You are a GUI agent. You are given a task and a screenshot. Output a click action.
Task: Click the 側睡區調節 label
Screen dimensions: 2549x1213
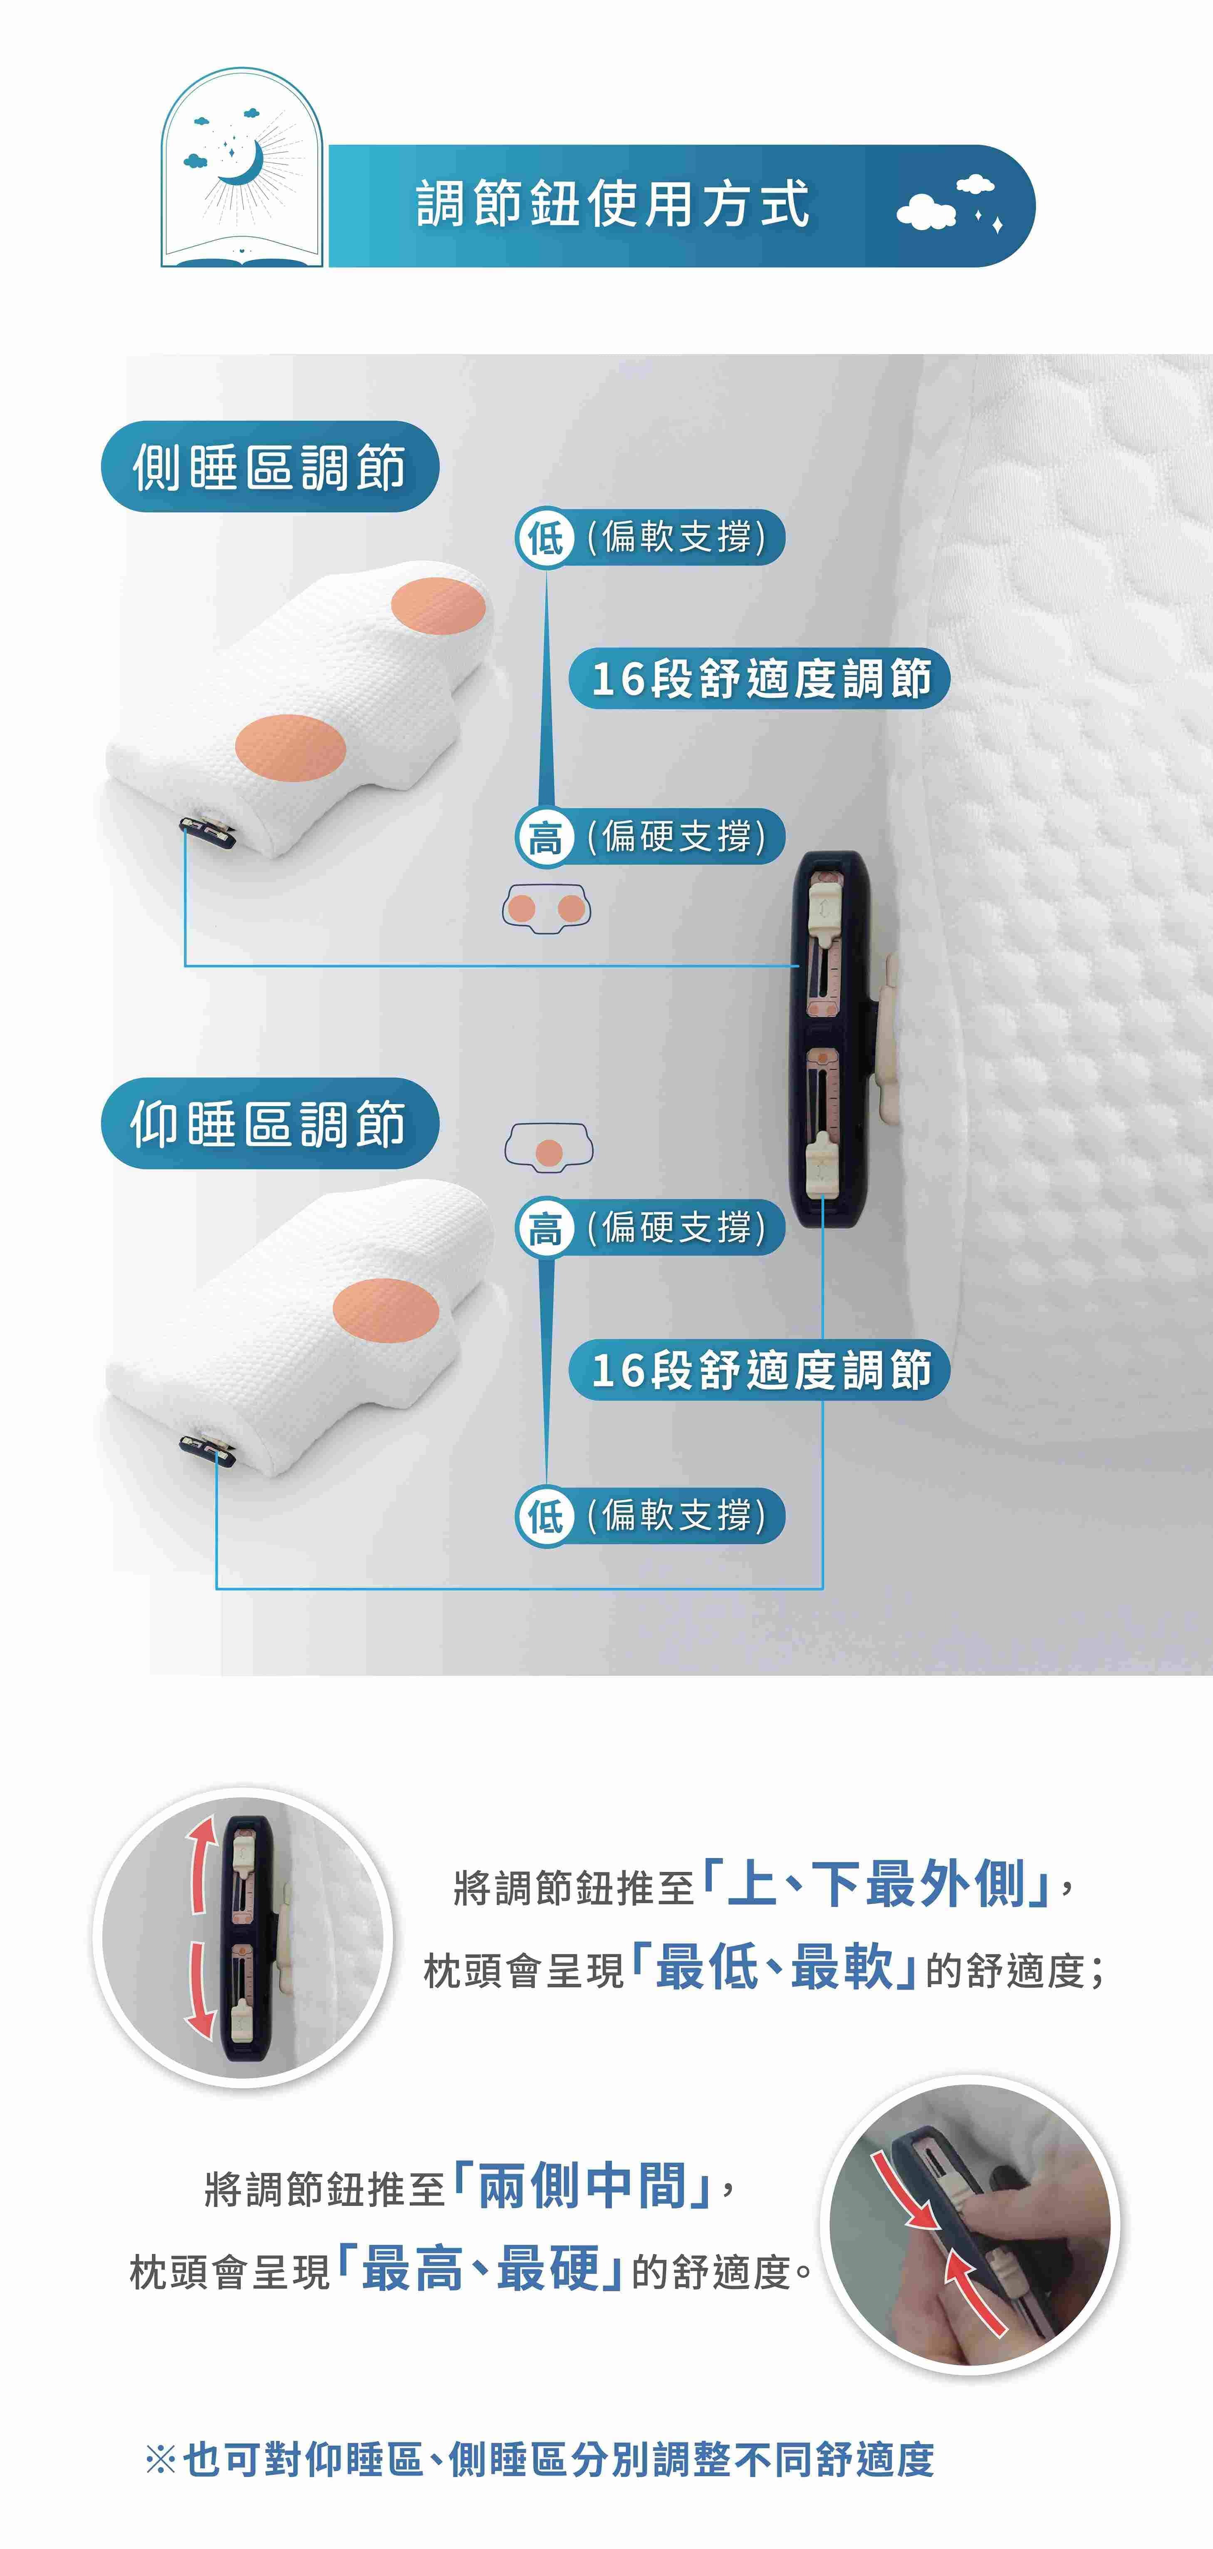pyautogui.click(x=269, y=466)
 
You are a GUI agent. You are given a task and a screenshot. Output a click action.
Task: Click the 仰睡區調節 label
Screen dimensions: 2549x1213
pyautogui.click(x=269, y=1124)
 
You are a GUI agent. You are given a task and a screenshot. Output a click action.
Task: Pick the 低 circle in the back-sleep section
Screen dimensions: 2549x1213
pyautogui.click(x=545, y=1516)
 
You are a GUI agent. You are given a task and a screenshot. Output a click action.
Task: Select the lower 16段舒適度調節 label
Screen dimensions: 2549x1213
pyautogui.click(x=760, y=1370)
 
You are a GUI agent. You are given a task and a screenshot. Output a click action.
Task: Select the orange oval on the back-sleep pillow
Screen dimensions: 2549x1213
pyautogui.click(x=386, y=1309)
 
